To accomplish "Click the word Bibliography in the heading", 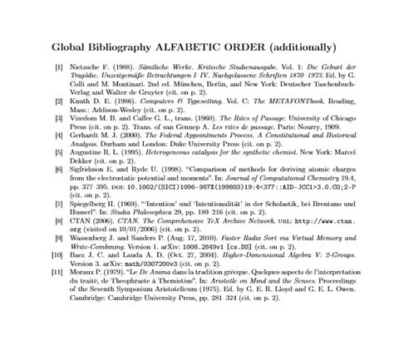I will coord(131,47).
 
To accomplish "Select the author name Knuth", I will coord(80,102).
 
